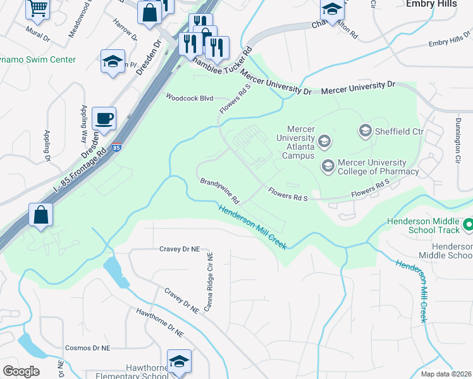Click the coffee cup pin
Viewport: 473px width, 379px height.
tap(104, 118)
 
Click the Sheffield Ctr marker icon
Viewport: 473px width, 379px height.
tap(365, 131)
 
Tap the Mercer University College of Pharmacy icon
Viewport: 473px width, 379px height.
tap(328, 166)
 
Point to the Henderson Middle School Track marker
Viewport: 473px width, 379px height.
tap(469, 224)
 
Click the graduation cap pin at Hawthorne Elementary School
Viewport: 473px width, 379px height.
tap(179, 362)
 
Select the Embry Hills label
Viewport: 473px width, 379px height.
tap(441, 4)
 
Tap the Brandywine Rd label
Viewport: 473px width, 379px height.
tap(219, 191)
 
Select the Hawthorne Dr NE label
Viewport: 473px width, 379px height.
tap(160, 323)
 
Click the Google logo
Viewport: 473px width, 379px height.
tap(21, 371)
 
